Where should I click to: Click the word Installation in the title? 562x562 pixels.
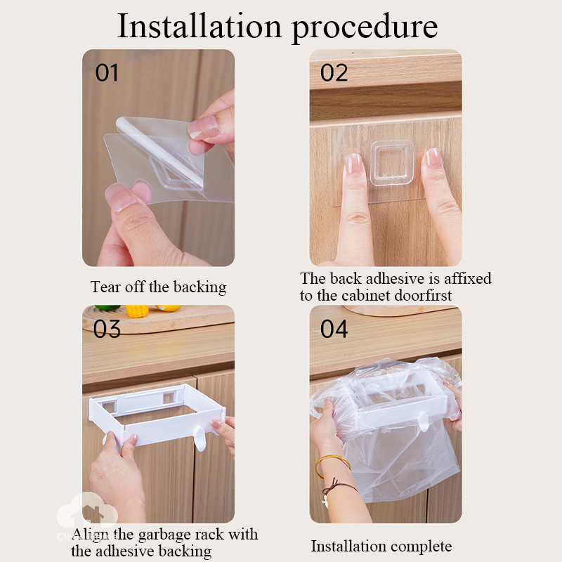tap(200, 26)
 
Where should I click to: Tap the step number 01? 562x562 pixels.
tap(107, 73)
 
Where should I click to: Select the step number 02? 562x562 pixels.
tap(334, 73)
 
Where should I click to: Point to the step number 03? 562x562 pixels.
tap(107, 329)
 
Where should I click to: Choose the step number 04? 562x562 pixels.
tap(334, 329)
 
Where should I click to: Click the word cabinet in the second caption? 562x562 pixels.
tap(365, 295)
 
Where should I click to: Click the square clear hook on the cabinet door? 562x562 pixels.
tap(392, 163)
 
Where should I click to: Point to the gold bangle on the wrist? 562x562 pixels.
tap(332, 465)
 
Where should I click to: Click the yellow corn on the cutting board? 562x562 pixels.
tap(137, 311)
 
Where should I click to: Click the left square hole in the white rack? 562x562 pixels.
tap(110, 406)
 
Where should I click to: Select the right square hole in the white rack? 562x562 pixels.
tap(169, 398)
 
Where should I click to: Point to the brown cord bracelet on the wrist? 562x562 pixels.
tap(337, 490)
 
